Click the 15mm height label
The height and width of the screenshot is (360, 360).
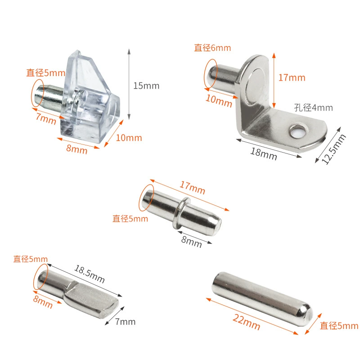pyautogui.click(x=146, y=86)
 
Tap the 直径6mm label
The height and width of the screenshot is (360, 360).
pyautogui.click(x=212, y=48)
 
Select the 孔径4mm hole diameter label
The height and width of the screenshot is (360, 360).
pyautogui.click(x=313, y=108)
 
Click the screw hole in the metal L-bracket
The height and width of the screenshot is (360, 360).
pyautogui.click(x=298, y=132)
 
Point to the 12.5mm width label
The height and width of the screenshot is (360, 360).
pyautogui.click(x=334, y=149)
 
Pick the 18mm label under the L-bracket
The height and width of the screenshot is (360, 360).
pyautogui.click(x=264, y=154)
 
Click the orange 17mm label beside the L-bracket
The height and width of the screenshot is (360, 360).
pyautogui.click(x=292, y=78)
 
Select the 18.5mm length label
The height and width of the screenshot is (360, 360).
pyautogui.click(x=90, y=274)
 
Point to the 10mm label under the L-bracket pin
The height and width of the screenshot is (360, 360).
pyautogui.click(x=219, y=101)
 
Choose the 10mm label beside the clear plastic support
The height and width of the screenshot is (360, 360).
pyautogui.click(x=129, y=138)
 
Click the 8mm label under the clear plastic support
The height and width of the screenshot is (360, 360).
pyautogui.click(x=77, y=149)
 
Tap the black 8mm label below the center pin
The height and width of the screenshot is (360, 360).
pyautogui.click(x=192, y=242)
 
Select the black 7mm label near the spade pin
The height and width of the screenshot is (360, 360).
pyautogui.click(x=126, y=322)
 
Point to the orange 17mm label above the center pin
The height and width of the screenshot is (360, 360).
pyautogui.click(x=192, y=188)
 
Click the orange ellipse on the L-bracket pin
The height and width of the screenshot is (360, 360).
pyautogui.click(x=211, y=73)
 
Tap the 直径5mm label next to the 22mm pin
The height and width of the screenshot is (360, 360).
pyautogui.click(x=339, y=326)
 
